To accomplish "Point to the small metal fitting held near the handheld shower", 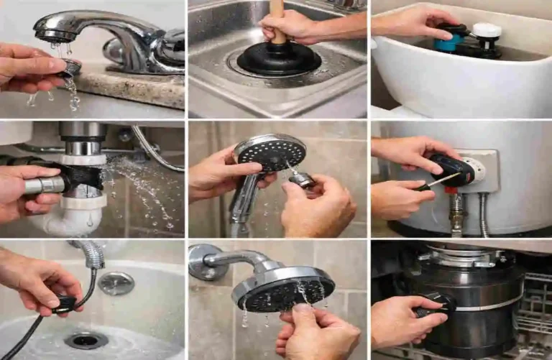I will coord(303,180).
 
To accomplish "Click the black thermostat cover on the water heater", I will coord(453,169).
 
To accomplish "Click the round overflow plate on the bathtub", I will coord(116,283).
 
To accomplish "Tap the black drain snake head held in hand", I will coord(65,304).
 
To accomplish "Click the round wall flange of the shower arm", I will coord(199,262).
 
